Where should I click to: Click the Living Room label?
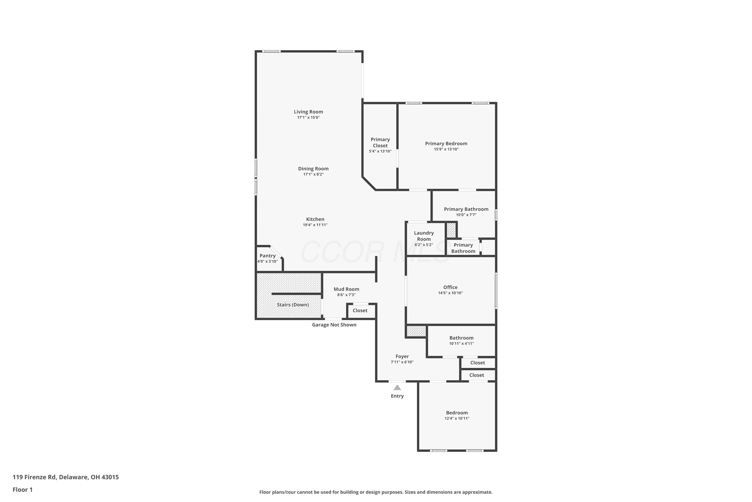pos(308,112)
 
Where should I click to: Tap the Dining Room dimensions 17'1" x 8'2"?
pos(313,174)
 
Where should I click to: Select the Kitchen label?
pos(315,219)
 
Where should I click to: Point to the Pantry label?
pos(268,256)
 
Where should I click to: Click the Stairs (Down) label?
pos(293,305)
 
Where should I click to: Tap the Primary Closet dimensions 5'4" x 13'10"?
pos(380,151)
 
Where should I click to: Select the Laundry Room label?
pos(424,236)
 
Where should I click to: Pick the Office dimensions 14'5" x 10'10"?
pos(450,293)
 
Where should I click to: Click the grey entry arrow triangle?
pos(397,387)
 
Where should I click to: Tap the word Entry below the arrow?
pos(397,396)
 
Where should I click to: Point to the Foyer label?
pos(402,356)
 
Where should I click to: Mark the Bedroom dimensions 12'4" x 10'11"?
pos(457,418)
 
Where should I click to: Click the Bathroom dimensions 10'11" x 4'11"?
pos(461,344)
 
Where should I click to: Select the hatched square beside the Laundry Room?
pos(451,230)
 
